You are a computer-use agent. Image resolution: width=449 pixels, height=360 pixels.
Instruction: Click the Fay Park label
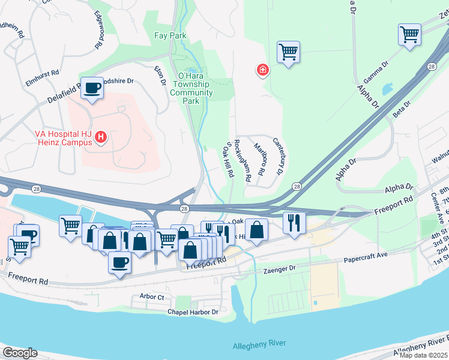pos(170,36)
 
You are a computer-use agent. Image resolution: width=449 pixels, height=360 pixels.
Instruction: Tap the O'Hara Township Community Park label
pos(191,88)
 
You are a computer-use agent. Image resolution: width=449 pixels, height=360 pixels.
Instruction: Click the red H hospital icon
pos(101,138)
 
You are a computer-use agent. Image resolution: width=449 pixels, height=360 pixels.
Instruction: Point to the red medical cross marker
pos(262,71)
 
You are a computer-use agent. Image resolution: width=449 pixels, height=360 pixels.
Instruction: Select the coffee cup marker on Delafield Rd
pos(92,88)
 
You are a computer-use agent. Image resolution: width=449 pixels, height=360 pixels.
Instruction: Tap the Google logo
pos(19,353)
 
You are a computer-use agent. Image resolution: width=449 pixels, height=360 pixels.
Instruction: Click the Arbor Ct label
pos(151,296)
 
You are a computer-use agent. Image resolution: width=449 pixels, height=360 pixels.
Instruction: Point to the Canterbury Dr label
pos(277,157)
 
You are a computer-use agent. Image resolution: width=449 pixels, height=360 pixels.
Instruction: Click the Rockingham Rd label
pos(241,161)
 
